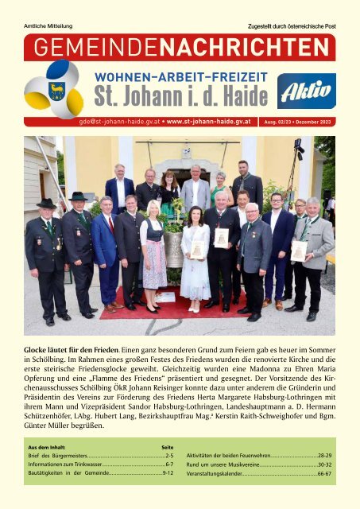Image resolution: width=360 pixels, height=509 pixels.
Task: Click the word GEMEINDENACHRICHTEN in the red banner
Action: (x=180, y=47)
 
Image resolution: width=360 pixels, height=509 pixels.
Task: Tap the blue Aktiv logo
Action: (x=306, y=92)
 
